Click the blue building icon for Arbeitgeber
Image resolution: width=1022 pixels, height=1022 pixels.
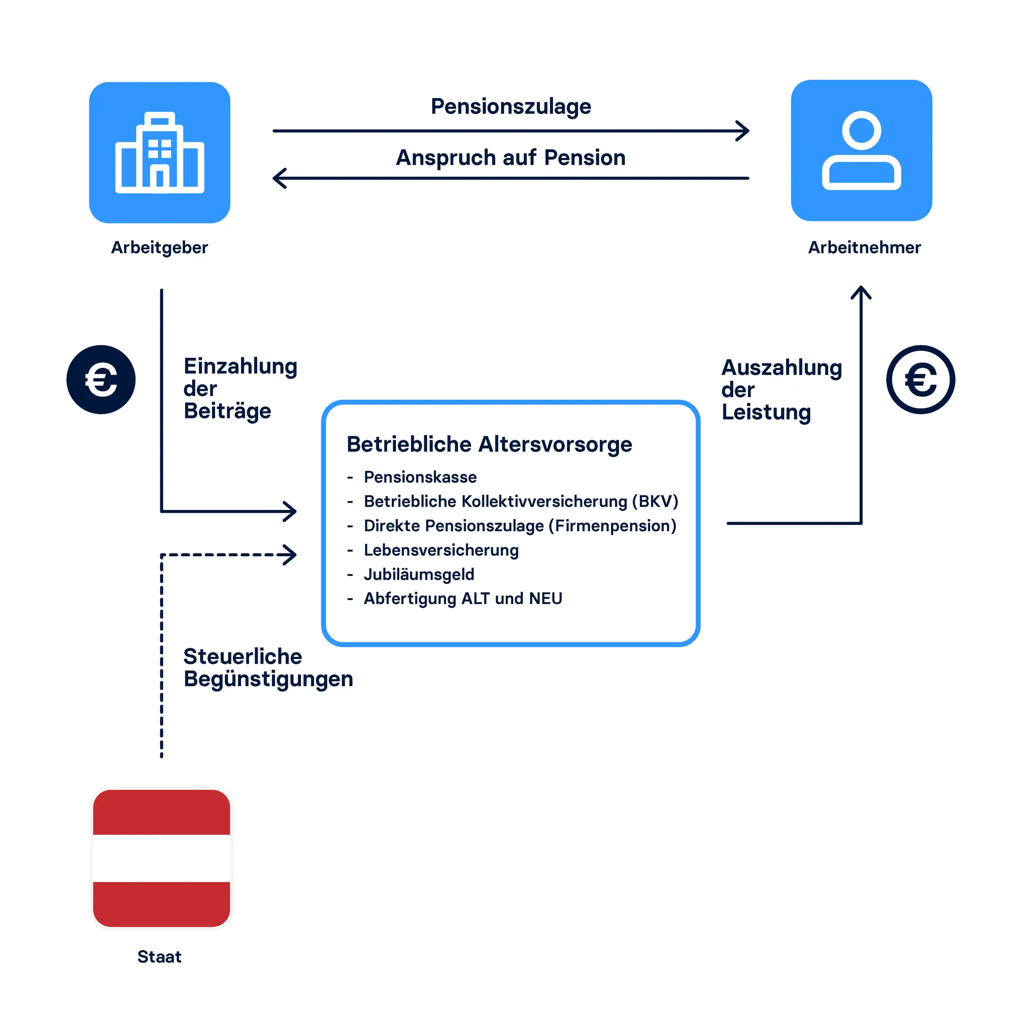click(160, 152)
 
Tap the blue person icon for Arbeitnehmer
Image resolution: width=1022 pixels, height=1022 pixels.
click(861, 151)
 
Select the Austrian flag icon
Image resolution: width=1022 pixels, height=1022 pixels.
click(161, 858)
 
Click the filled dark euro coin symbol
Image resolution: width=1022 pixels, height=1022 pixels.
click(101, 380)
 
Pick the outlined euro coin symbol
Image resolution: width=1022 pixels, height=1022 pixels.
click(920, 380)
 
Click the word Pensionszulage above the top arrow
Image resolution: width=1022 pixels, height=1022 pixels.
click(510, 106)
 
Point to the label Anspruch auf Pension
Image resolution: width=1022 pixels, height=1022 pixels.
click(510, 158)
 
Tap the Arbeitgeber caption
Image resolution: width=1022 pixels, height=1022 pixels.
click(159, 248)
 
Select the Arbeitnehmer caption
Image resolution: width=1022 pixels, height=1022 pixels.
click(864, 248)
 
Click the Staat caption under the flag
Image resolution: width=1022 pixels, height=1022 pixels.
click(159, 957)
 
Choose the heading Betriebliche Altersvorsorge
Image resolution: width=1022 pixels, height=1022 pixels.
click(489, 444)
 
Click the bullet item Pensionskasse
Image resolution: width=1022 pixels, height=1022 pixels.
click(420, 477)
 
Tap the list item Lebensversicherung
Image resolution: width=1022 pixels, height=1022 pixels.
click(441, 550)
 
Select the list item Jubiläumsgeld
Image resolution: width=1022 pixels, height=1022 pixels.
click(419, 574)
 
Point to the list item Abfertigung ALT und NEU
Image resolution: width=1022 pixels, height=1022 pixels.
click(463, 598)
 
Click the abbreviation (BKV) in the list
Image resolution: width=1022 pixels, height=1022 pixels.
click(655, 501)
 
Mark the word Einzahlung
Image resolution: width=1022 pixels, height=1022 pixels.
click(240, 367)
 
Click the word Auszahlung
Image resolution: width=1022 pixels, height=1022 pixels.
click(781, 368)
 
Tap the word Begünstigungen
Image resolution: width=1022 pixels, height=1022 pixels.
click(268, 679)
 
